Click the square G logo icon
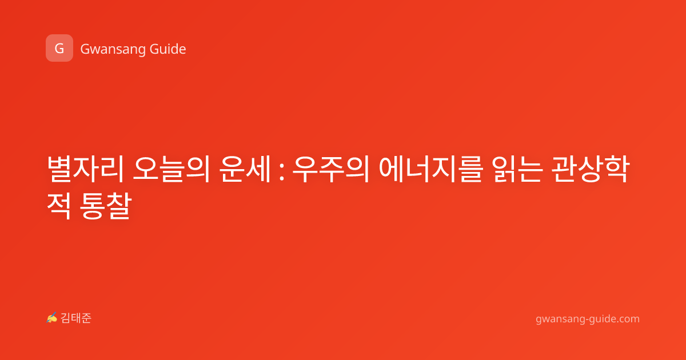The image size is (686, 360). click(x=59, y=48)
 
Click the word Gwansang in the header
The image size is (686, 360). click(x=113, y=49)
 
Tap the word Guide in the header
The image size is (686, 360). click(x=168, y=49)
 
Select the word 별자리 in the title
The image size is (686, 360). click(x=86, y=169)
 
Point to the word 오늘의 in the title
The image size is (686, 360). click(x=171, y=169)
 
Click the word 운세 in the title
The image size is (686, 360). click(x=245, y=169)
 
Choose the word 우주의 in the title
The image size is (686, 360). click(x=331, y=169)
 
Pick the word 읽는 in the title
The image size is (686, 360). click(x=518, y=169)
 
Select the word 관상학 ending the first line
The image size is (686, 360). click(x=591, y=169)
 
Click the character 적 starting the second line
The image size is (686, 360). click(x=59, y=205)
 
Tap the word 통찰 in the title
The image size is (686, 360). click(x=106, y=205)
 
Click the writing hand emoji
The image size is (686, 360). click(x=51, y=318)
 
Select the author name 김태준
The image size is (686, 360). click(x=76, y=318)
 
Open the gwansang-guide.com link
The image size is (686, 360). click(x=588, y=319)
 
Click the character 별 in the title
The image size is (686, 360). click(x=59, y=169)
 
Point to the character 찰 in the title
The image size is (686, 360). click(x=119, y=205)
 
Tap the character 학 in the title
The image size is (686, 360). click(x=616, y=169)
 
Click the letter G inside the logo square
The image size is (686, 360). click(x=59, y=49)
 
